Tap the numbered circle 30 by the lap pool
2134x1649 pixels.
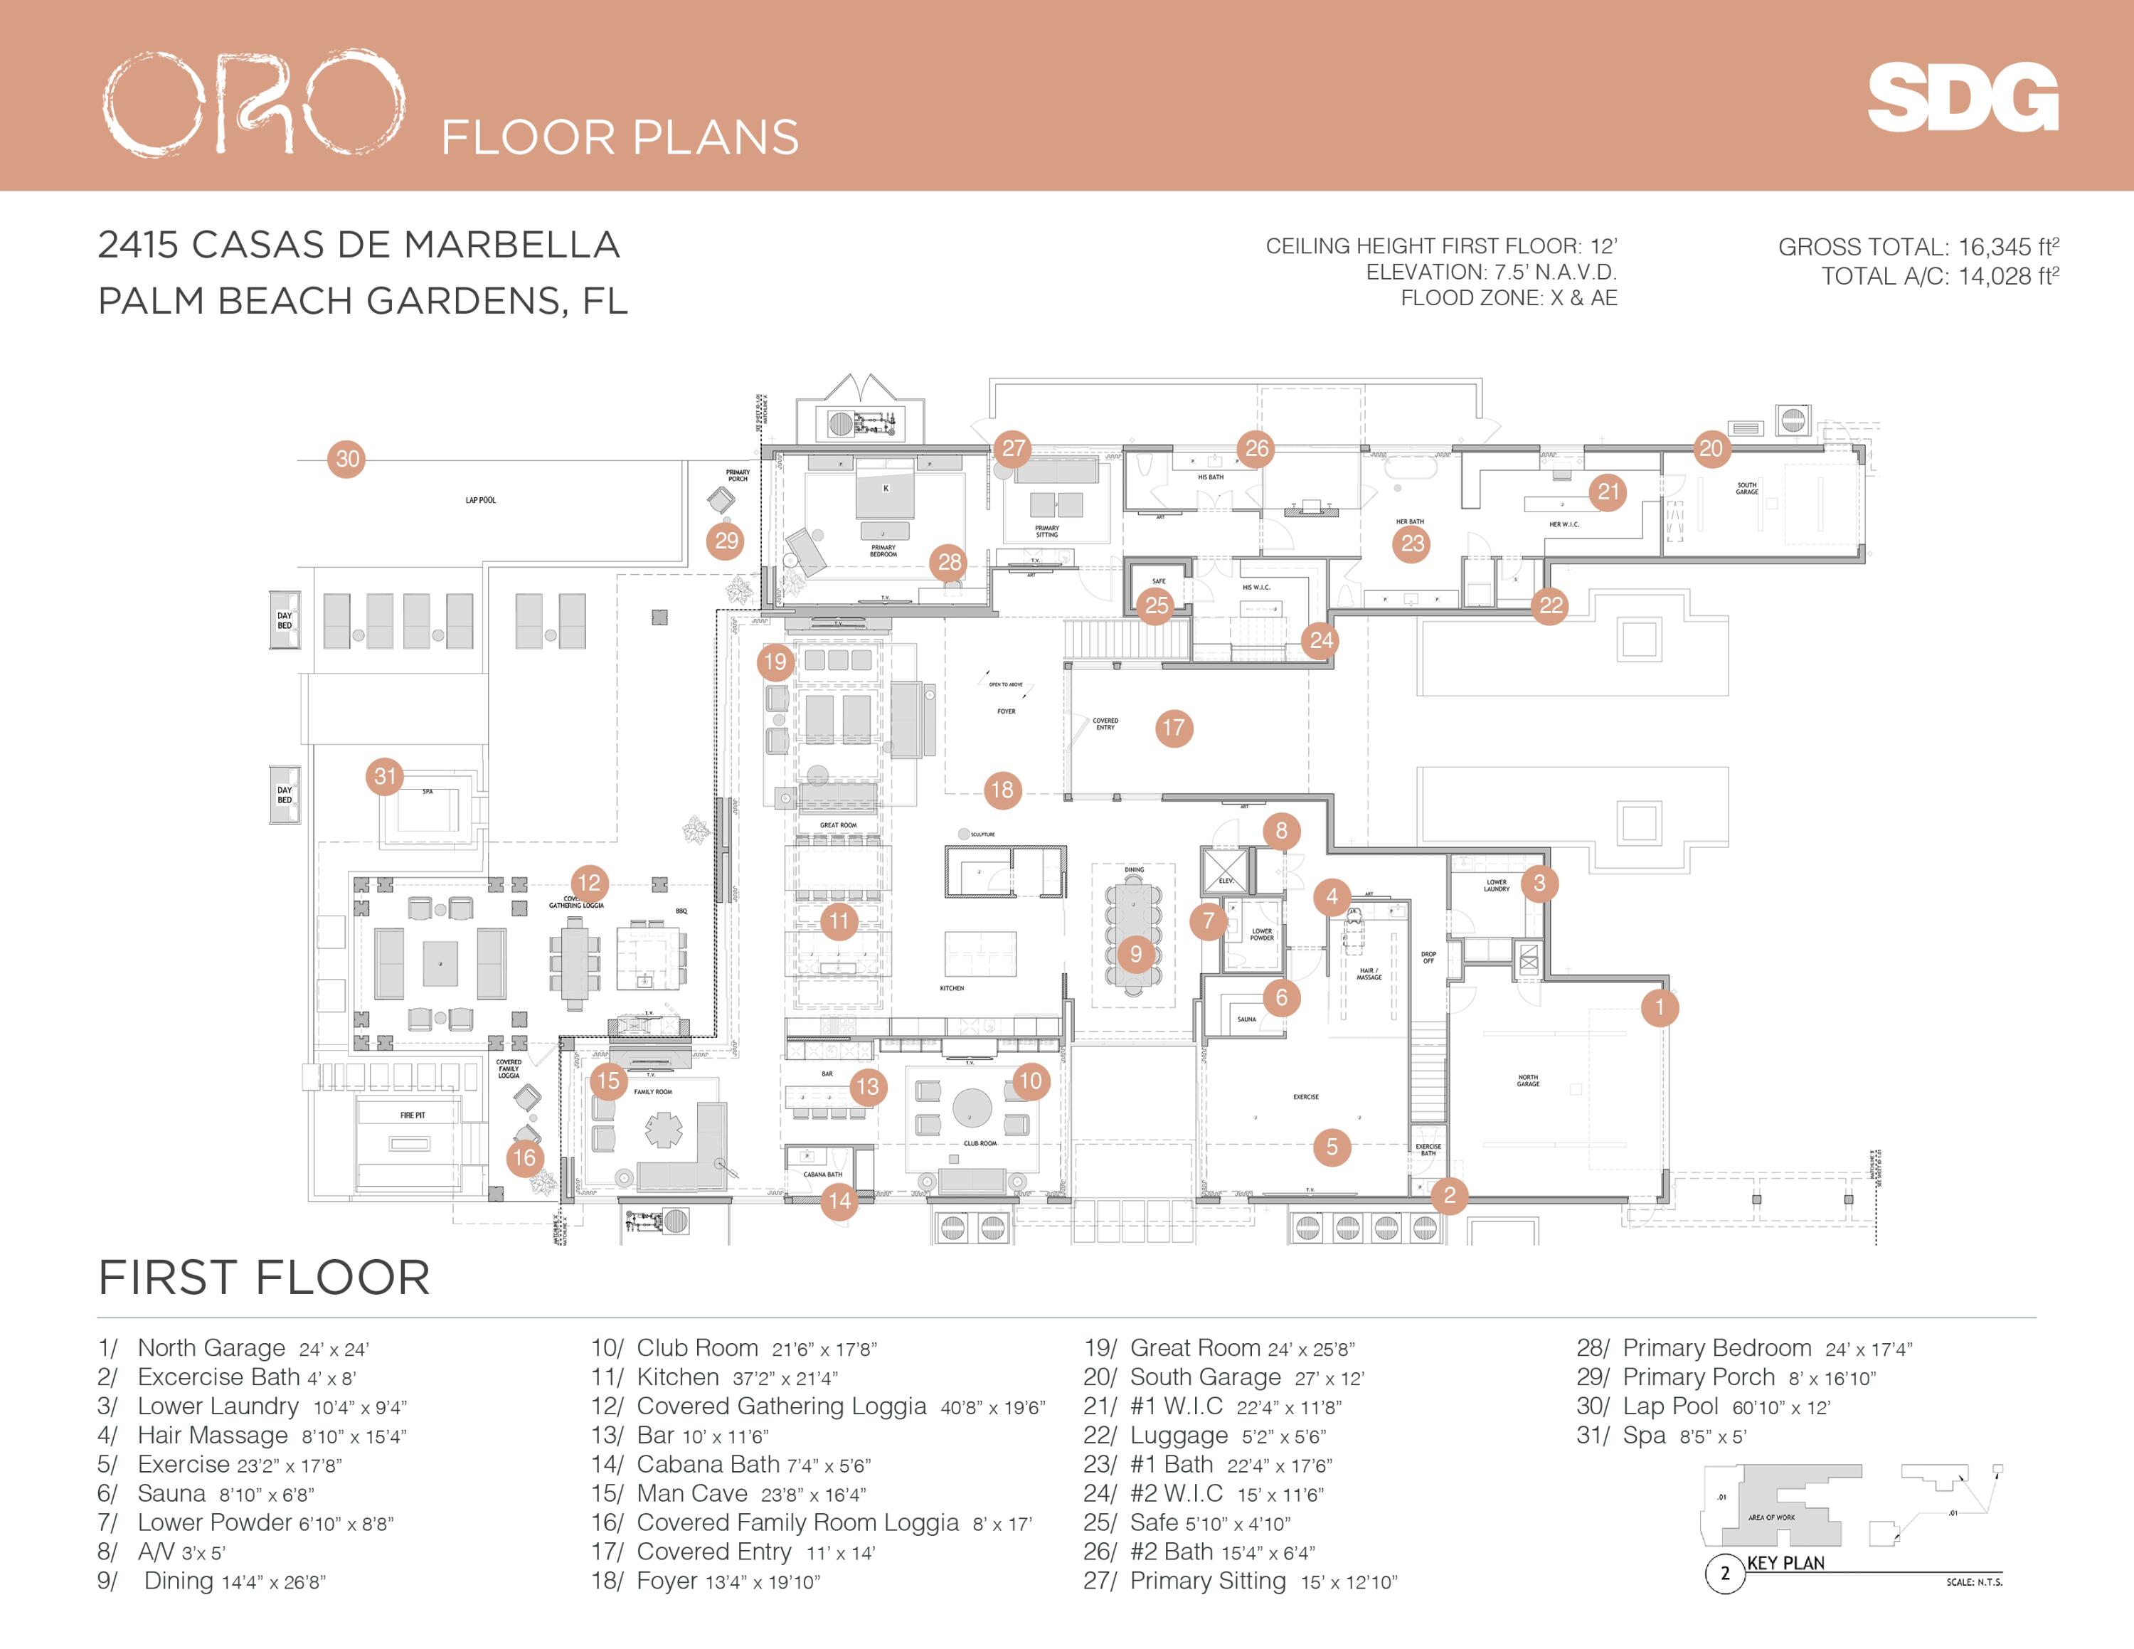click(x=348, y=459)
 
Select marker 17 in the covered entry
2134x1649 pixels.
click(x=1174, y=728)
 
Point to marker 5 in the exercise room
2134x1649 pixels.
click(x=1332, y=1147)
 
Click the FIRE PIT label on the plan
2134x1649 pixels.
click(x=413, y=1115)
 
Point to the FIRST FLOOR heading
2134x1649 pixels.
click(x=265, y=1278)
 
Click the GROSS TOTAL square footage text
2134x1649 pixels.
click(x=1918, y=247)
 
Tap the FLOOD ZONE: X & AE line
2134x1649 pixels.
click(x=1509, y=298)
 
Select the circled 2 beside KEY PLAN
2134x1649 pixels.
click(x=1724, y=1573)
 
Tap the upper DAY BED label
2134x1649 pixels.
click(x=285, y=620)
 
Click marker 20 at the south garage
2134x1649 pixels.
click(x=1711, y=448)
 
